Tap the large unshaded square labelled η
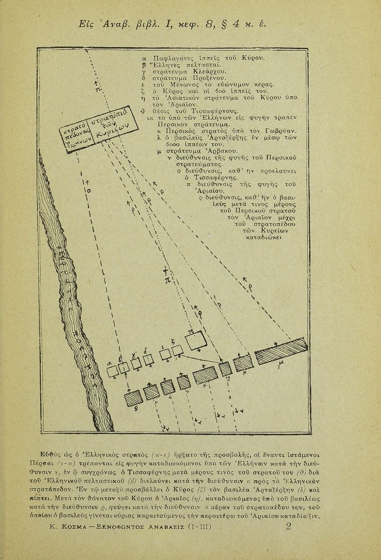click(197, 341)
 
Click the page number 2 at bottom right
click(288, 526)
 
